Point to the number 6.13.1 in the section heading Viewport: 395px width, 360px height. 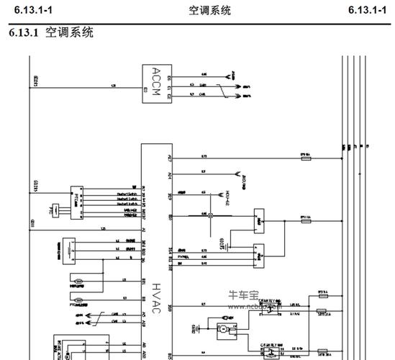(24, 33)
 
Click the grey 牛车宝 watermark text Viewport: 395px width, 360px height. (243, 294)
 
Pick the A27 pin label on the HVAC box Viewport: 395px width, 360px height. (170, 156)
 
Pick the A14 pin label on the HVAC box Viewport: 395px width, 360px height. (170, 175)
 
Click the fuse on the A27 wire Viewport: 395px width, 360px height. (305, 156)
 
